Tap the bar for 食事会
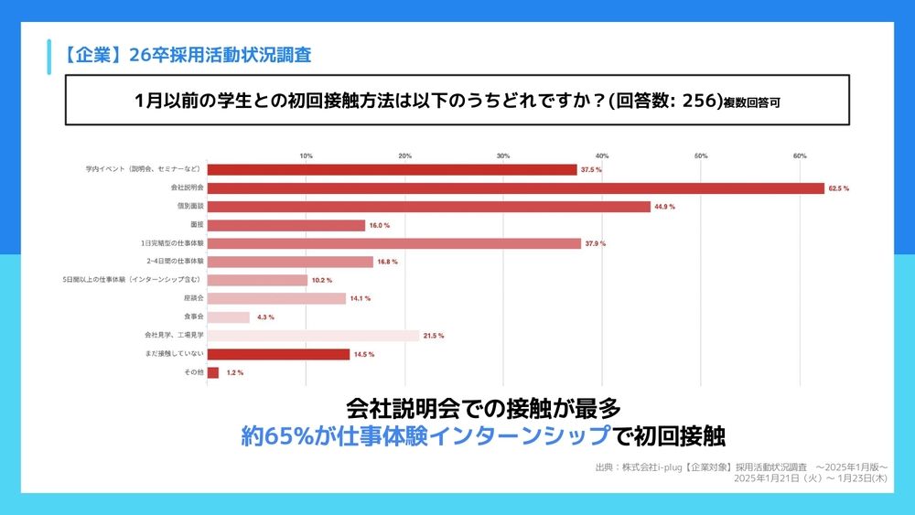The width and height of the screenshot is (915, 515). (229, 317)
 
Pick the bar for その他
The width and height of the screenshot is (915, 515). (213, 372)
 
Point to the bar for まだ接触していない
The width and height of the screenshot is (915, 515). (279, 354)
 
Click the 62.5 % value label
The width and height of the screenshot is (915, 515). (839, 188)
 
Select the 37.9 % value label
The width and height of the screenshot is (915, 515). (596, 243)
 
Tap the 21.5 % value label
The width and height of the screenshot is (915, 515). (434, 336)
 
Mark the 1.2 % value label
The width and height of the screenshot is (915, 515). (233, 373)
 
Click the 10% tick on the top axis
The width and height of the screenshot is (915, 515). (307, 156)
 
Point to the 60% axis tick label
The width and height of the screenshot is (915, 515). (799, 156)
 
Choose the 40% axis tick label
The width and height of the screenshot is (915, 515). (602, 156)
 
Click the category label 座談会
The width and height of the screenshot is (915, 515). (192, 298)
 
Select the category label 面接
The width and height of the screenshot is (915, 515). (196, 225)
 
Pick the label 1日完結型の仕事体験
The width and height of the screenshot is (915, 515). (171, 243)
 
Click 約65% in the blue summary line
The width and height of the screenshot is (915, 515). (277, 435)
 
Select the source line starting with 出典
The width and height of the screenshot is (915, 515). (741, 467)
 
